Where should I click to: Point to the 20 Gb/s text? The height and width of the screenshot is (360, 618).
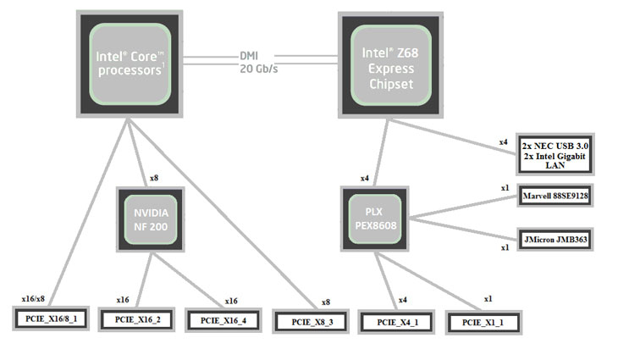(257, 69)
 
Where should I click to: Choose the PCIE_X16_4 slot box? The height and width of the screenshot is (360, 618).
(222, 320)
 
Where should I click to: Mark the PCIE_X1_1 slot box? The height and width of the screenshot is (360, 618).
(482, 322)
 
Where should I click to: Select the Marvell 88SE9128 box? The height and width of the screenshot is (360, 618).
(555, 193)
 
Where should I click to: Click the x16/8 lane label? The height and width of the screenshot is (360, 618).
(33, 299)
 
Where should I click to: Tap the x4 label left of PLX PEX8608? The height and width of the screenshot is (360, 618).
(365, 178)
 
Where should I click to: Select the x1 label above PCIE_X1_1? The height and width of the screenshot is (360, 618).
(488, 299)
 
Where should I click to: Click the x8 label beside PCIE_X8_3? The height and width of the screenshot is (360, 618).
(325, 302)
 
